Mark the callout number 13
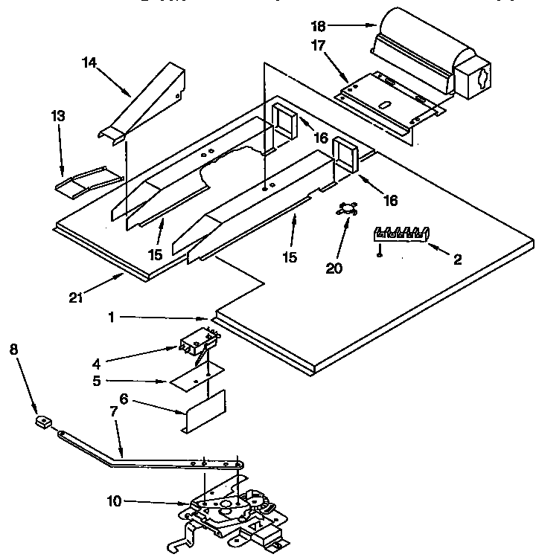tap(58, 116)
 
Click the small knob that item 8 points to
tap(42, 422)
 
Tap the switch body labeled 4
tap(197, 343)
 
